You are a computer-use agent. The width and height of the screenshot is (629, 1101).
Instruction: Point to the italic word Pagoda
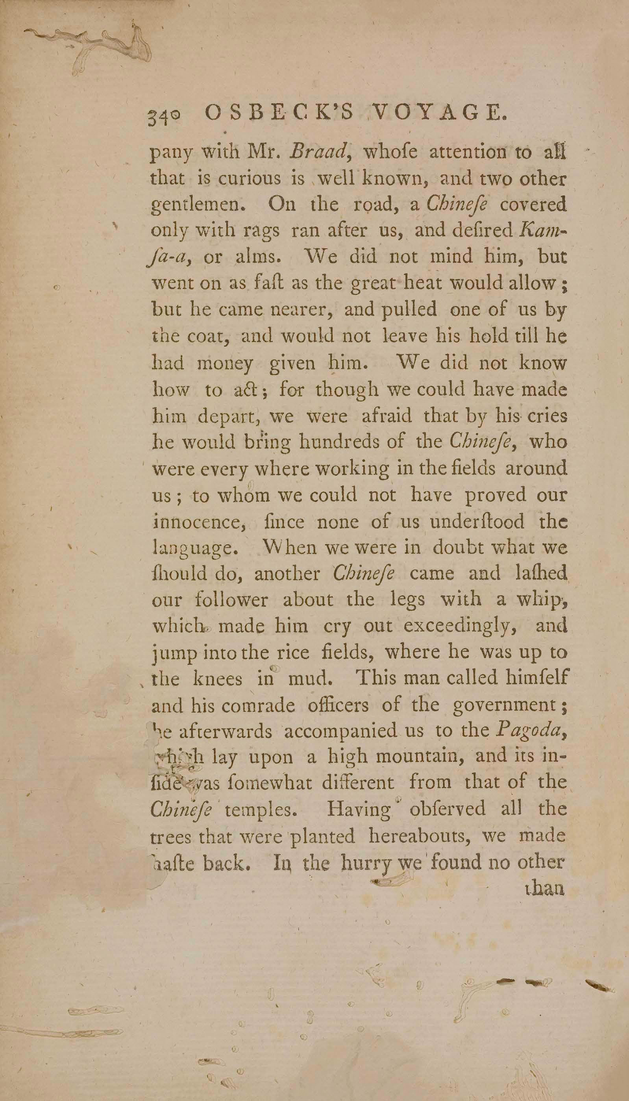pos(530,731)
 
